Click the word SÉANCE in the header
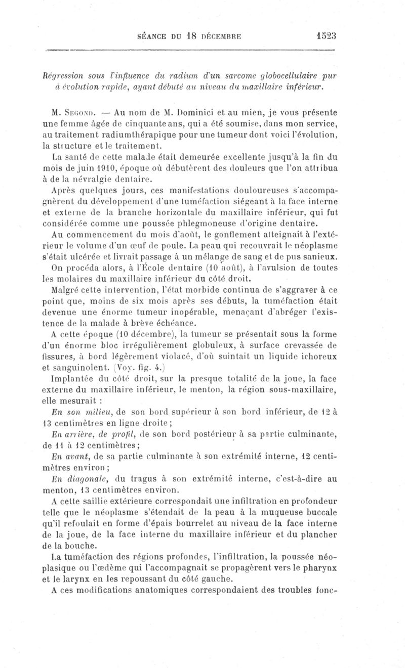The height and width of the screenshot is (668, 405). pyautogui.click(x=154, y=36)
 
